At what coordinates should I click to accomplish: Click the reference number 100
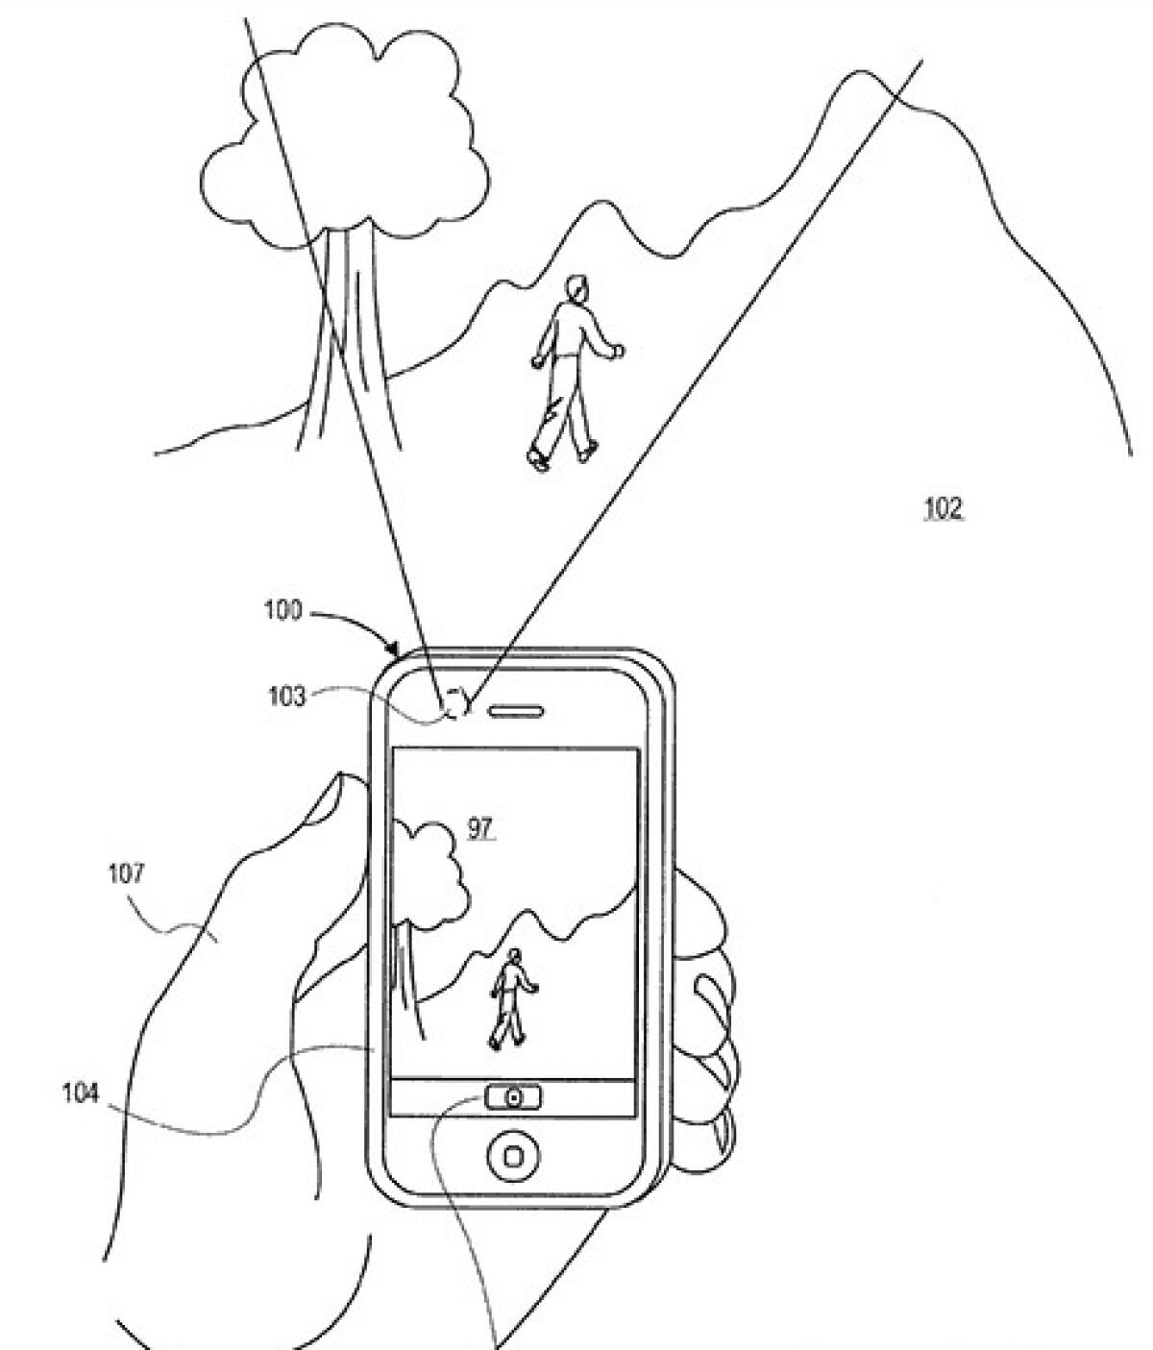pos(282,611)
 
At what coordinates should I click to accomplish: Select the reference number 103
pos(286,696)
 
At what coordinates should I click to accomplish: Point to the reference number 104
pos(81,1093)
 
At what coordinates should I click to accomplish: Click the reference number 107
pos(127,873)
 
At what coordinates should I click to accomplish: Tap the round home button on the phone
pos(513,1156)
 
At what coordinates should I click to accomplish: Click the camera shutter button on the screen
pos(513,1096)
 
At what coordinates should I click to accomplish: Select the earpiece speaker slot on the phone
pos(517,712)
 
